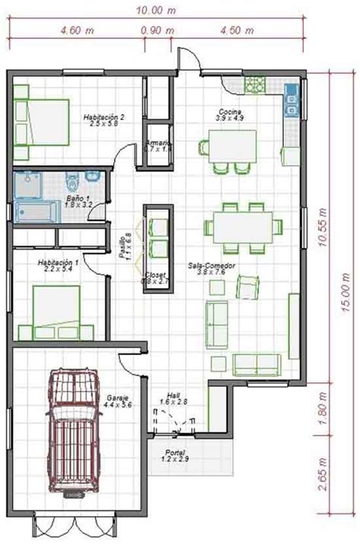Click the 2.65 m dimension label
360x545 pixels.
click(324, 476)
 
